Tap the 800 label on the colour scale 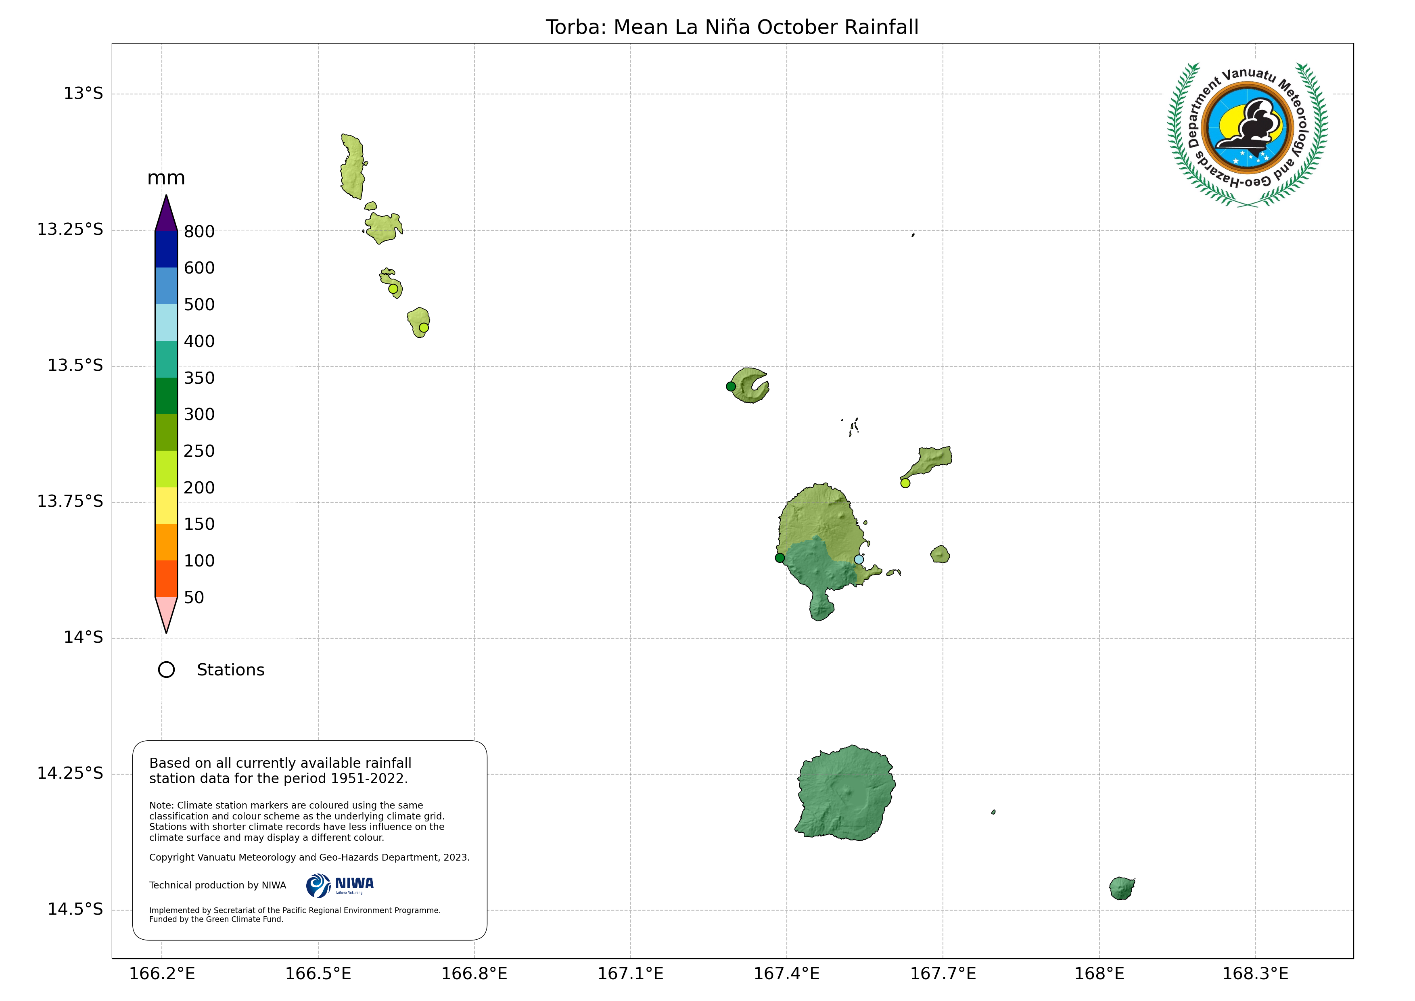(x=199, y=232)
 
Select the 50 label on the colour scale (x=194, y=597)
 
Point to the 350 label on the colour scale (x=199, y=378)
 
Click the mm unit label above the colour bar (x=166, y=179)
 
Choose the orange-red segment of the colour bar (x=166, y=579)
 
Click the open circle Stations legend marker (x=166, y=670)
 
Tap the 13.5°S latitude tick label (x=75, y=366)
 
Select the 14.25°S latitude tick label (x=70, y=773)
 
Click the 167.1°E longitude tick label (x=631, y=974)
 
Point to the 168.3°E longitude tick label (x=1255, y=974)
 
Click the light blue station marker (x=859, y=560)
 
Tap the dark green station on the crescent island (x=731, y=387)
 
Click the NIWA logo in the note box (x=340, y=886)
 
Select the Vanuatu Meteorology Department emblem (x=1248, y=134)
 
